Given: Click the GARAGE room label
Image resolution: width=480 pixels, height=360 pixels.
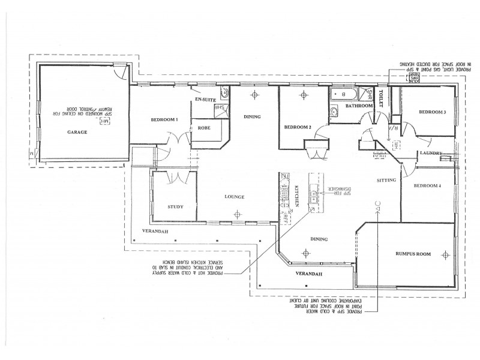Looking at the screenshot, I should [x=77, y=131].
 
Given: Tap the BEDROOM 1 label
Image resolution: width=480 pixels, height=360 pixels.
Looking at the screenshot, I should [x=164, y=120].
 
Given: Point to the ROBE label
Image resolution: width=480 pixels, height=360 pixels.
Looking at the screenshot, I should [x=203, y=128].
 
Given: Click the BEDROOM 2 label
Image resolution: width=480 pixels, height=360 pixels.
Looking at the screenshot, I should [x=298, y=127].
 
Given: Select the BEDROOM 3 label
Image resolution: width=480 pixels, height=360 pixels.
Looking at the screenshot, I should [x=433, y=112].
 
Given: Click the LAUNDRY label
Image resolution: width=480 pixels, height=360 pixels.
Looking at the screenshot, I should [x=431, y=153].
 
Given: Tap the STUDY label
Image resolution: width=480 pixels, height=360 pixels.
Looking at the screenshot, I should [x=175, y=207].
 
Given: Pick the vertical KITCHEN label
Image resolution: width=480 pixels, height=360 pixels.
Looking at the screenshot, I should [x=296, y=197].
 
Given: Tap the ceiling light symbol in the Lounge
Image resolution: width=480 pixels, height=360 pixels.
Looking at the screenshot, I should [x=238, y=212].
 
